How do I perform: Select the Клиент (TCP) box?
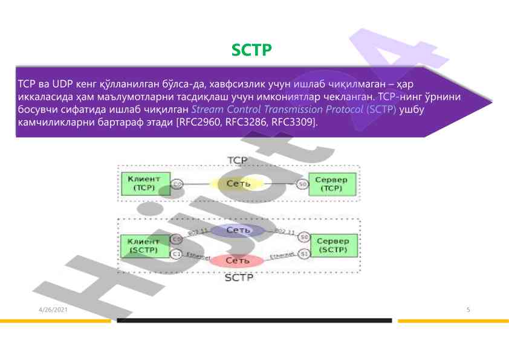coord(144,183)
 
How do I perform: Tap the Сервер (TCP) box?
coord(331,184)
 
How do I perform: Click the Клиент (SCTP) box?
coord(143,245)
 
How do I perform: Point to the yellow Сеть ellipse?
coord(235,183)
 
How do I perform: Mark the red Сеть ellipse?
coord(237,260)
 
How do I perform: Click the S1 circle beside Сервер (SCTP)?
coord(305,254)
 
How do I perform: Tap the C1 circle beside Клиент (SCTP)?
coord(177,254)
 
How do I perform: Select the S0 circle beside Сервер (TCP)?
coord(303,184)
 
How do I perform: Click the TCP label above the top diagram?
coord(237,160)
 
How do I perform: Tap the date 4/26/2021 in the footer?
coord(53,310)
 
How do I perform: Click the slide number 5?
coord(468,310)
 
